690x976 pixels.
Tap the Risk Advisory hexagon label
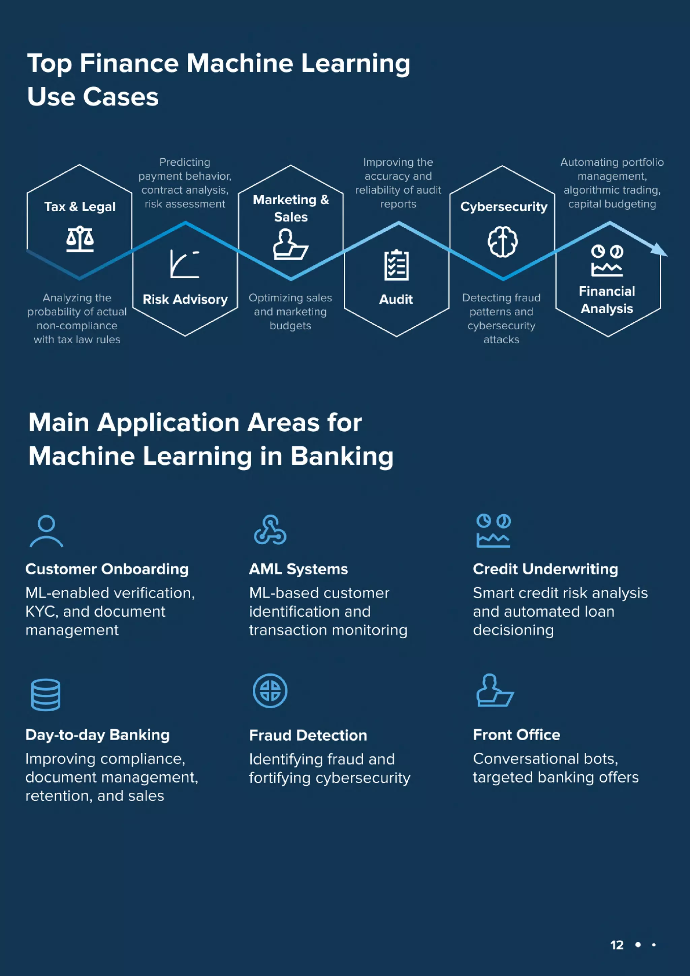pos(185,299)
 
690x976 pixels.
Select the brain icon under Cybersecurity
pos(503,242)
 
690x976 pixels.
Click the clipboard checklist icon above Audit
pos(396,265)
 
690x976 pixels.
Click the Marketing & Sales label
pos(291,208)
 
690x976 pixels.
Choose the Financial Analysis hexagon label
pos(607,300)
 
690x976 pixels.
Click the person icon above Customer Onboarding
pos(46,530)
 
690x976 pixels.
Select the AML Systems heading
pos(299,569)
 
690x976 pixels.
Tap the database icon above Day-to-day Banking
pos(46,694)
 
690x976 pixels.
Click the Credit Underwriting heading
pos(545,569)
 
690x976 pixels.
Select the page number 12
pos(617,945)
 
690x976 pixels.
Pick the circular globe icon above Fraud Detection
pos(270,691)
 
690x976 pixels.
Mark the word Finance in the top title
pos(129,63)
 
